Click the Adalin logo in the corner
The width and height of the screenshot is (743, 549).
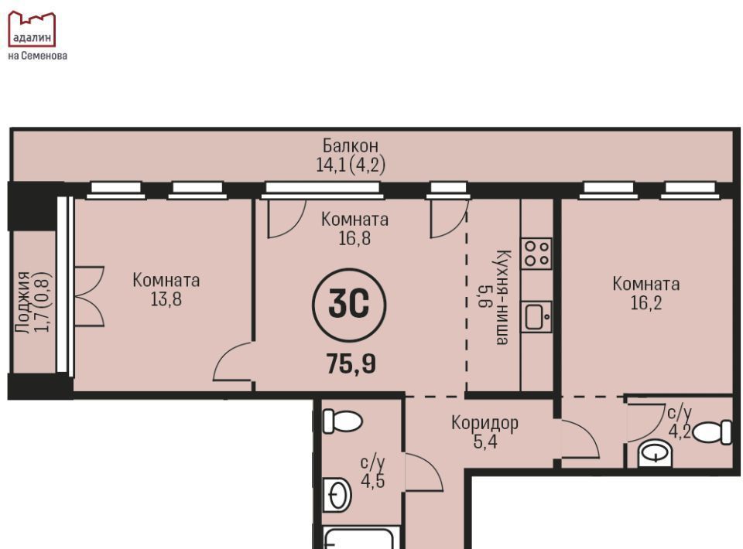32,29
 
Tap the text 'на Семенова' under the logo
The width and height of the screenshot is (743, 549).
37,56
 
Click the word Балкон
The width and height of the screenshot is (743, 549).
350,145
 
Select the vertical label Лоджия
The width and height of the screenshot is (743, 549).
22,302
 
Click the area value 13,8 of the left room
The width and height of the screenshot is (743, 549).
166,299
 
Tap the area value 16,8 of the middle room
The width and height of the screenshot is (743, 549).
354,238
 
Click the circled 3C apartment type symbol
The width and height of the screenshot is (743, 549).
349,305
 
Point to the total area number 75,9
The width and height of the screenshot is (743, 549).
351,364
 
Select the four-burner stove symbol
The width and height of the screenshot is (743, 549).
536,254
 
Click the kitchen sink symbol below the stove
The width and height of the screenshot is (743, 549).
537,316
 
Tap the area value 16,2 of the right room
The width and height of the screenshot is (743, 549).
646,302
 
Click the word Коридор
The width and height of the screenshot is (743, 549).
484,422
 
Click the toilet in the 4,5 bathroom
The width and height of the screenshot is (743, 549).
342,421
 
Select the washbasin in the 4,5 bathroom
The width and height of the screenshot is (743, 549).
337,495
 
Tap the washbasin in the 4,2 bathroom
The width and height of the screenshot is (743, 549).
656,454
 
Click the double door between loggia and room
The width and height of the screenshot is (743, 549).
88,296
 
